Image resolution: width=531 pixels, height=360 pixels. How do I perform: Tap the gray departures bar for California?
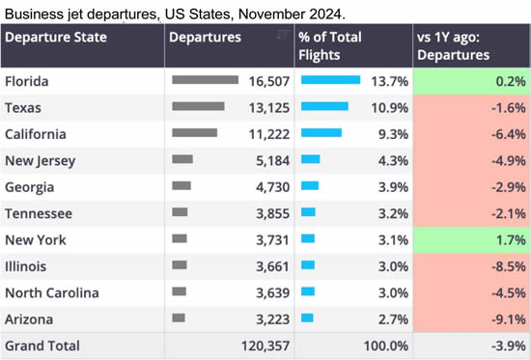coord(194,132)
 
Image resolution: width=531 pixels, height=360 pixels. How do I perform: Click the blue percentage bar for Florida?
coord(330,80)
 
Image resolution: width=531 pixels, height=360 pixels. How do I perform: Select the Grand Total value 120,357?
coord(258,346)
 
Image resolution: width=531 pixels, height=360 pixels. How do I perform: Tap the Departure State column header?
coord(57,38)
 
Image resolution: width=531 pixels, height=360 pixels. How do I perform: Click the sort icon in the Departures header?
coord(283,35)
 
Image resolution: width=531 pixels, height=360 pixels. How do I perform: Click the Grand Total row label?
coord(42,346)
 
